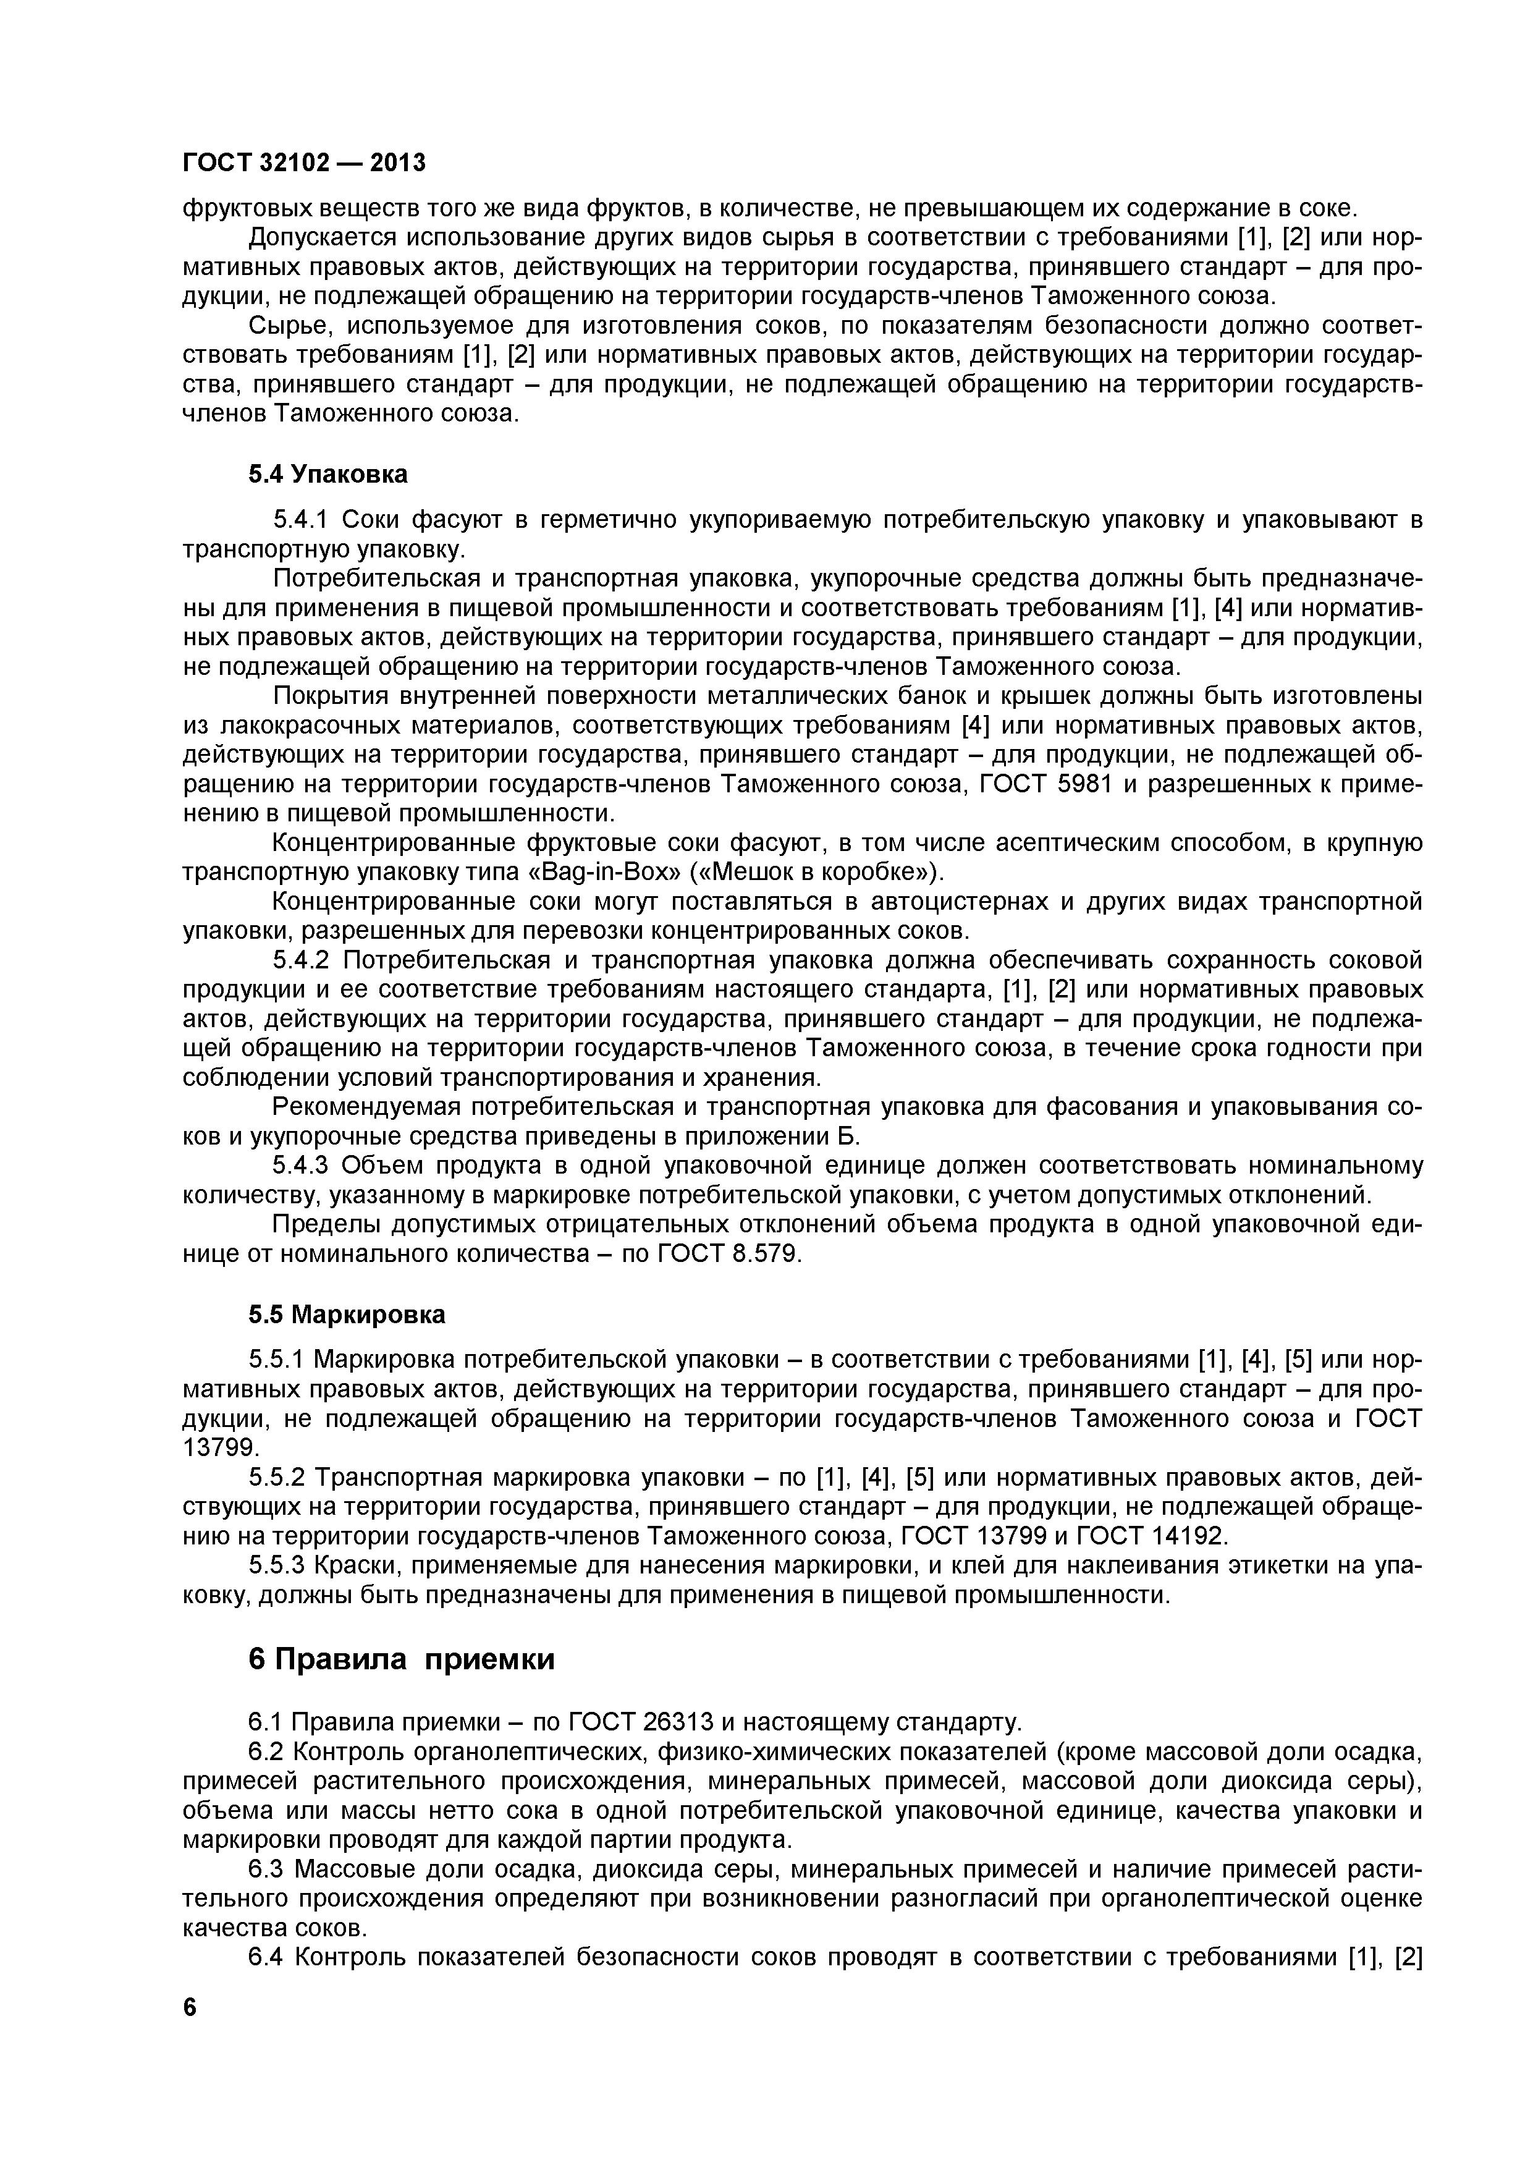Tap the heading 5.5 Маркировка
[x=347, y=1315]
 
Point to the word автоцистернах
[x=960, y=902]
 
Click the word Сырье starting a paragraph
[x=289, y=326]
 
